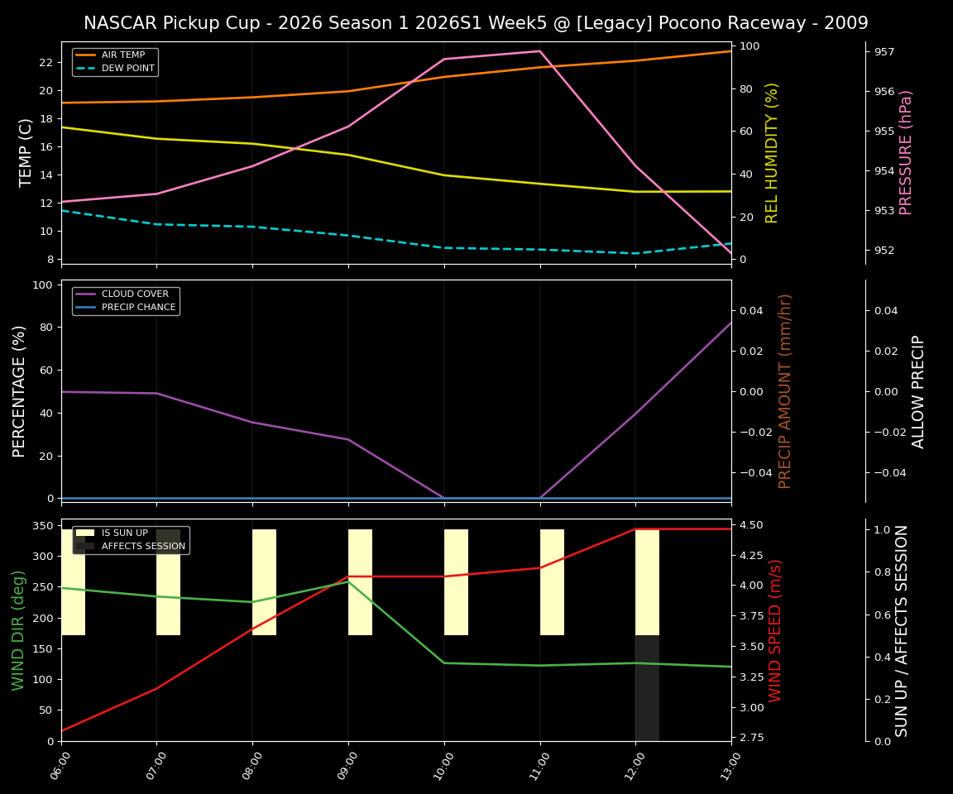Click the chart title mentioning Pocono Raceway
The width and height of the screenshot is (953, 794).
[x=476, y=23]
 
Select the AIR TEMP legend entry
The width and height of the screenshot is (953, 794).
[x=123, y=55]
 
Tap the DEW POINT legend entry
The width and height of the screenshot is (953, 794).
[x=127, y=68]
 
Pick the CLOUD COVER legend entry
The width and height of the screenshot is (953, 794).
[x=135, y=294]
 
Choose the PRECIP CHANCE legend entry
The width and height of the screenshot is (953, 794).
[x=138, y=307]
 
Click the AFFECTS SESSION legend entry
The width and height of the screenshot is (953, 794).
[x=143, y=546]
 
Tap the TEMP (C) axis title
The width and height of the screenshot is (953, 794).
[x=26, y=152]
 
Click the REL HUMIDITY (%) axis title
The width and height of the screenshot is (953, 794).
[x=772, y=152]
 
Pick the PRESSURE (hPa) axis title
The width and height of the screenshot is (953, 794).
[x=906, y=152]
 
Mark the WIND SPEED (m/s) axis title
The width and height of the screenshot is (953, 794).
[x=775, y=630]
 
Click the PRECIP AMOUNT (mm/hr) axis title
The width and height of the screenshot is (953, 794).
[x=785, y=390]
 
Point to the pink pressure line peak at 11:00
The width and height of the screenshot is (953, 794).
[x=539, y=51]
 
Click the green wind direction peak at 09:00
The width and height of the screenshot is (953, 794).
[x=348, y=581]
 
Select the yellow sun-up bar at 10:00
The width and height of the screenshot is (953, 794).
[x=456, y=582]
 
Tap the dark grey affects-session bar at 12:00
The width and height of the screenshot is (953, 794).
[x=647, y=688]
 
